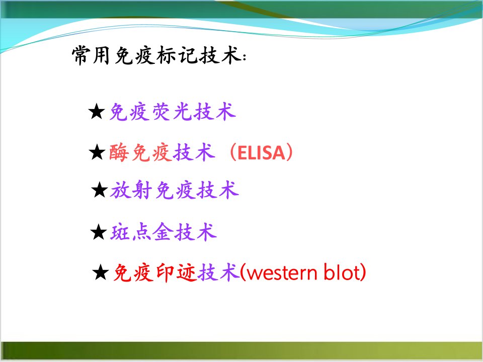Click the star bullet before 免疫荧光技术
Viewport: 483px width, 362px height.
pyautogui.click(x=97, y=112)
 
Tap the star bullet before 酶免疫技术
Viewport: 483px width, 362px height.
pyautogui.click(x=97, y=152)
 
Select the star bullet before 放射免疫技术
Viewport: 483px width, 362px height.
pyautogui.click(x=100, y=190)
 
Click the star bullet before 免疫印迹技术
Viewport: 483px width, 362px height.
pyautogui.click(x=101, y=272)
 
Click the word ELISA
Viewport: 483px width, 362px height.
pyautogui.click(x=261, y=153)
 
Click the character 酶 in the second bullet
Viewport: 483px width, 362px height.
pyautogui.click(x=119, y=152)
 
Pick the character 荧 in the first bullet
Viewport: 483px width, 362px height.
pyautogui.click(x=162, y=112)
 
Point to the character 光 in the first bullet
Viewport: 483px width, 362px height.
pyautogui.click(x=183, y=112)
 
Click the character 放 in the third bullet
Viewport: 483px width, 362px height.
pyautogui.click(x=120, y=190)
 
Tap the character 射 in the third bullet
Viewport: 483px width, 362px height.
pyautogui.click(x=142, y=190)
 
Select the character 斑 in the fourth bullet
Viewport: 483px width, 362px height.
pyautogui.click(x=120, y=232)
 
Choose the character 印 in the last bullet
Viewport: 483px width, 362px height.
pyautogui.click(x=166, y=273)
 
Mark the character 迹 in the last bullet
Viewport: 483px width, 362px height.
pyautogui.click(x=187, y=273)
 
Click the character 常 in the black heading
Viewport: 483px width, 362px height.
pyautogui.click(x=82, y=56)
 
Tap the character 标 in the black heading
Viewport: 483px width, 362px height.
pyautogui.click(x=167, y=56)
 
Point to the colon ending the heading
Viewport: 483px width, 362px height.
pyautogui.click(x=245, y=57)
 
